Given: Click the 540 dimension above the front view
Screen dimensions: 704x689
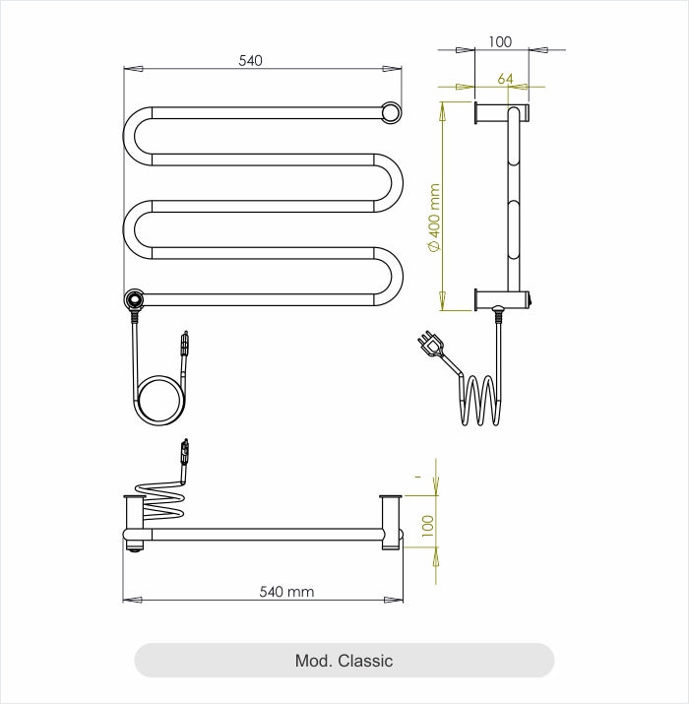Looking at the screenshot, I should [x=251, y=61].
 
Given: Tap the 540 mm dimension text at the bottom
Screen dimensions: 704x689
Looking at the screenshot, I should [x=286, y=592].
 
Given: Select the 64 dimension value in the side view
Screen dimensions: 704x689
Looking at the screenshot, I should [x=506, y=79].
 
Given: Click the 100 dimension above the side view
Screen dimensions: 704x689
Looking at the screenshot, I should [x=500, y=41].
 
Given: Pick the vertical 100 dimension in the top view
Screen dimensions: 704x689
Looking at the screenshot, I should [x=427, y=526].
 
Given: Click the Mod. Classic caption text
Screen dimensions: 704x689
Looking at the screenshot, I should [x=344, y=661].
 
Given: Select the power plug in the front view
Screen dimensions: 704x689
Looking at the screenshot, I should [x=182, y=344].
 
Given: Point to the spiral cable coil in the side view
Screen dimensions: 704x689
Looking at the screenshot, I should [x=479, y=400].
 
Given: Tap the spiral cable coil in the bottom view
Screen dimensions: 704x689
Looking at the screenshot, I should [x=160, y=500].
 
